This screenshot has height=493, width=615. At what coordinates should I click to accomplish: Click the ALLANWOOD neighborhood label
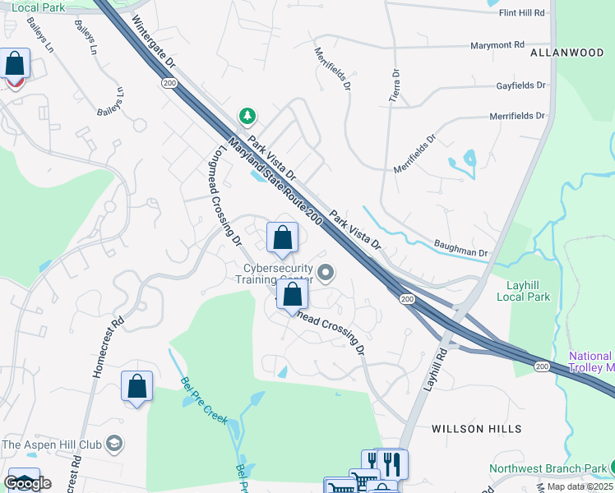coord(567,53)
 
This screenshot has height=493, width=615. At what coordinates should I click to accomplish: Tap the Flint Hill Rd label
coord(522,13)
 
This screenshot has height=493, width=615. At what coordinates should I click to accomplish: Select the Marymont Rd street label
coord(497,45)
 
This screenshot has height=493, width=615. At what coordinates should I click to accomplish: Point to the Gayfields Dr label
coord(521,85)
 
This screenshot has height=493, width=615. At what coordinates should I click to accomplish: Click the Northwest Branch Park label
coord(548,469)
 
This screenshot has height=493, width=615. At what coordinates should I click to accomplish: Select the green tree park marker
coord(246,115)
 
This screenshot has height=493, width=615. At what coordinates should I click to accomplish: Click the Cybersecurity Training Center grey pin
coord(326,272)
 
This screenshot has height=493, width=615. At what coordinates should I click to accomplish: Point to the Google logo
coord(26,483)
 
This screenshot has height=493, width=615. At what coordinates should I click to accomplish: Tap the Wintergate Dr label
coord(153,44)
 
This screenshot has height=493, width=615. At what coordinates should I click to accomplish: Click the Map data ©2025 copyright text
coord(580,486)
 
